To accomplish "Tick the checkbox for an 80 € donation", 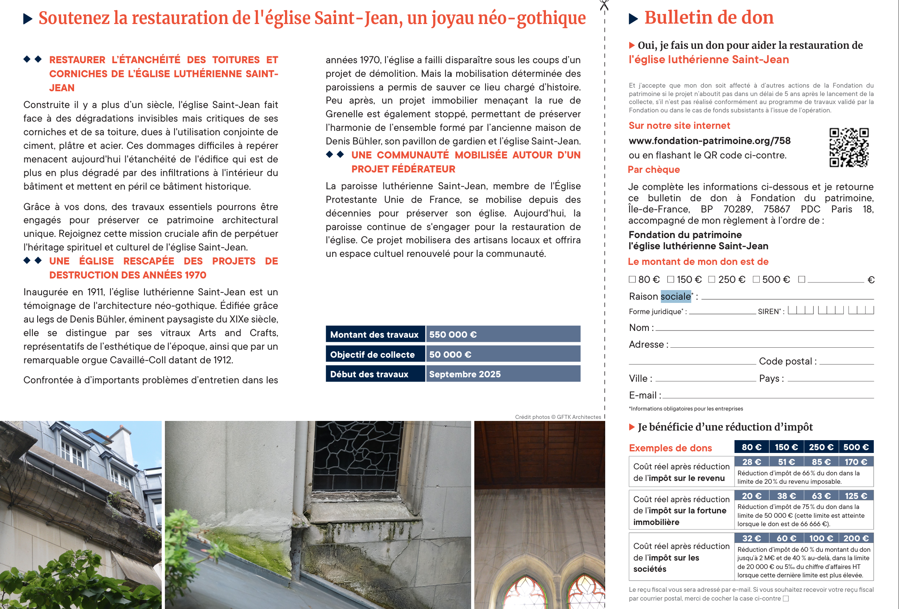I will (x=632, y=279).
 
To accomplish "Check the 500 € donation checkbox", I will (x=756, y=279).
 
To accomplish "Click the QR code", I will (x=849, y=147).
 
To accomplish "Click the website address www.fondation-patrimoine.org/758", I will (x=709, y=141).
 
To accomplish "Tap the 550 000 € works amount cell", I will (x=503, y=334).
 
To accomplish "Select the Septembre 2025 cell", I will (x=503, y=374).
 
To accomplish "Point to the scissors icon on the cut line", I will (x=604, y=5).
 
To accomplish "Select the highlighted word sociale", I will (x=676, y=296).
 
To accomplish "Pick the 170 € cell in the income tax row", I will (x=856, y=462).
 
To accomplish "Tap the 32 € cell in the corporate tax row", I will (x=752, y=539).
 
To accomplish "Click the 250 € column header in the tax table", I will (x=821, y=447).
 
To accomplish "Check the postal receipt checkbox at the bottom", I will (x=786, y=599).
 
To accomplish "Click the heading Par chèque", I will (x=654, y=170).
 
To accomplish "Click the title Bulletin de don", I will (x=708, y=18).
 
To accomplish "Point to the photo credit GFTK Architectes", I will (x=558, y=417).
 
